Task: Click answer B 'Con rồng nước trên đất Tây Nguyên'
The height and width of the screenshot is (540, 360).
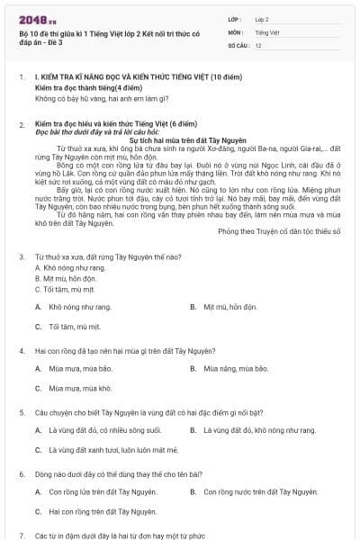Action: (x=261, y=492)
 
